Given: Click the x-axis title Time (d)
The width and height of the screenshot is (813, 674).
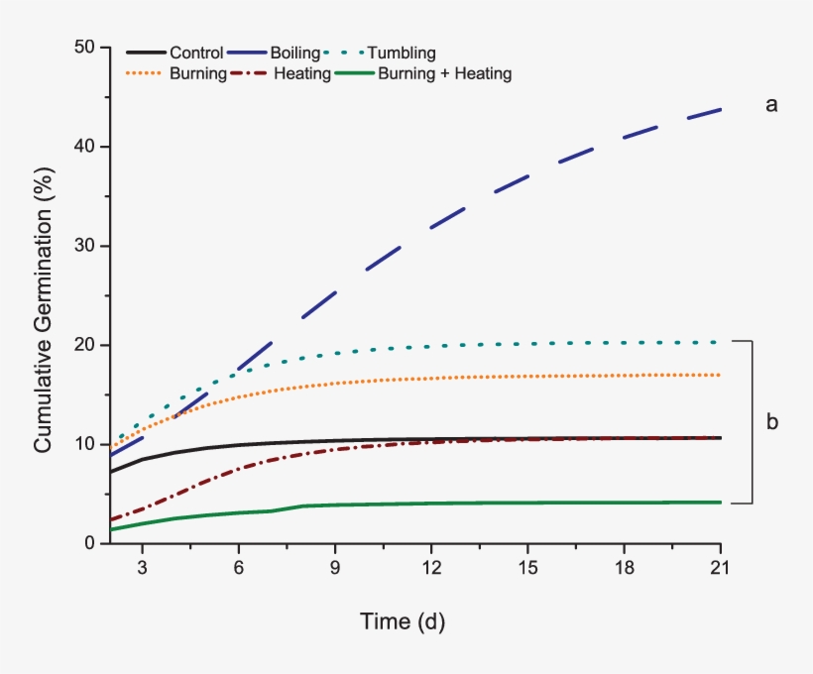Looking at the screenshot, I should tap(402, 622).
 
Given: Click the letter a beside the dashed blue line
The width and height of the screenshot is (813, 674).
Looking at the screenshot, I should tap(770, 104).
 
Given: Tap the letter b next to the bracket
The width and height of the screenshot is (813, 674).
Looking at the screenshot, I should tap(772, 422).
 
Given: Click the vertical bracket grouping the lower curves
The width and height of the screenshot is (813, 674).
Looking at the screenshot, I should tap(754, 422).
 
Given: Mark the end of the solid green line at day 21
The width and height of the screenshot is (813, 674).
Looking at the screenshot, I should tap(720, 503).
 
